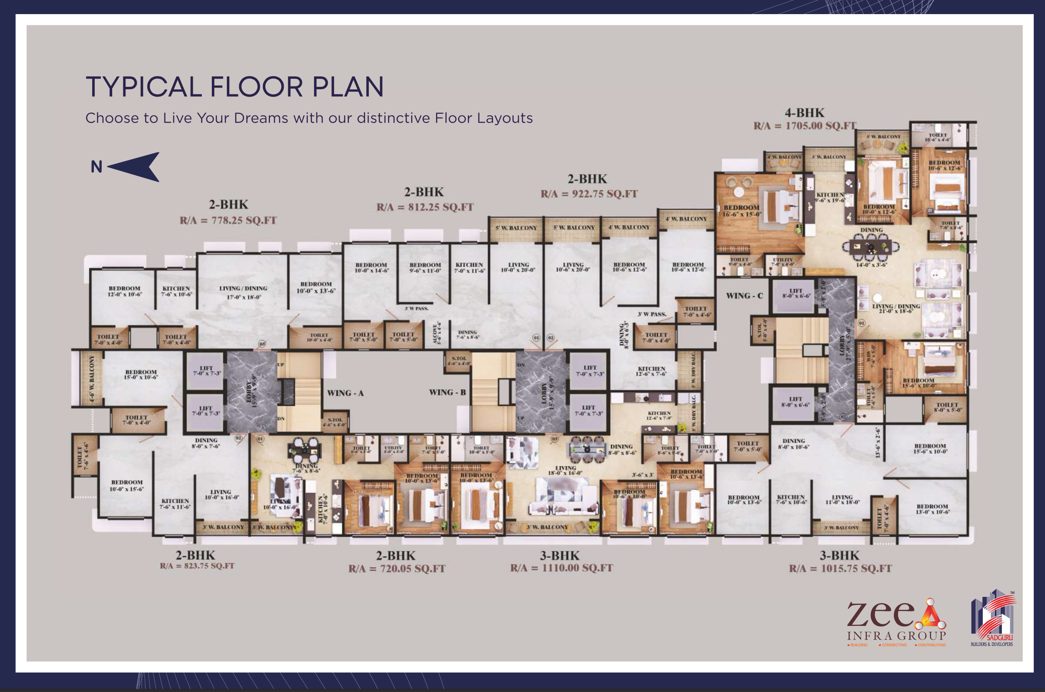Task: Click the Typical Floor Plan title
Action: coord(234,86)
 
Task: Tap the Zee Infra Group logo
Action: coord(896,622)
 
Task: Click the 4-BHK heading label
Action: coord(804,113)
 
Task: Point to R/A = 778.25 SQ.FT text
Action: coord(228,220)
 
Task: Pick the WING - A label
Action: coord(345,393)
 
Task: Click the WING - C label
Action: coord(744,296)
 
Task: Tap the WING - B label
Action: coord(447,393)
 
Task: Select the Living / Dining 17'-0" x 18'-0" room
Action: coord(243,292)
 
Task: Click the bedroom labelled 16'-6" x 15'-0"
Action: coord(742,211)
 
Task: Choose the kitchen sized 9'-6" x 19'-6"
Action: coord(830,197)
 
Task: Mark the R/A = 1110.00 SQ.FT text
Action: coord(562,568)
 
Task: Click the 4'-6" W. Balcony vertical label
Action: coord(92,378)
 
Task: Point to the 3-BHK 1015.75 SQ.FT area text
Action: coord(840,568)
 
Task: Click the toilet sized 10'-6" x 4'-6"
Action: coord(937,137)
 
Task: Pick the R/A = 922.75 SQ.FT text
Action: coord(589,194)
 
